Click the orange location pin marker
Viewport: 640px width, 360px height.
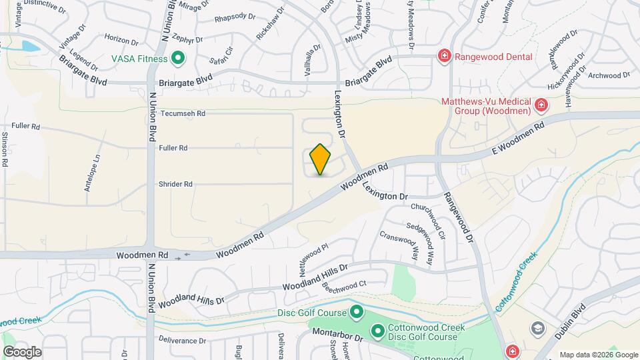coord(321,159)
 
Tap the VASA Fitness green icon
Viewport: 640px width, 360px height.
coord(178,59)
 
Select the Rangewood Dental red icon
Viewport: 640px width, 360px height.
coord(443,57)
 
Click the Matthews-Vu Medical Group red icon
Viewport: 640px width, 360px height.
coord(541,105)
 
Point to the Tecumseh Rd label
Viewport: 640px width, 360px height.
coord(182,114)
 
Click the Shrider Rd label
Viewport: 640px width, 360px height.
coord(175,184)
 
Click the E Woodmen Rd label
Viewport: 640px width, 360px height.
coord(519,136)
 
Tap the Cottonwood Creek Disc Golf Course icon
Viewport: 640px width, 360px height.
coord(377,331)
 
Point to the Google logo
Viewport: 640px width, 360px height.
coord(22,352)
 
